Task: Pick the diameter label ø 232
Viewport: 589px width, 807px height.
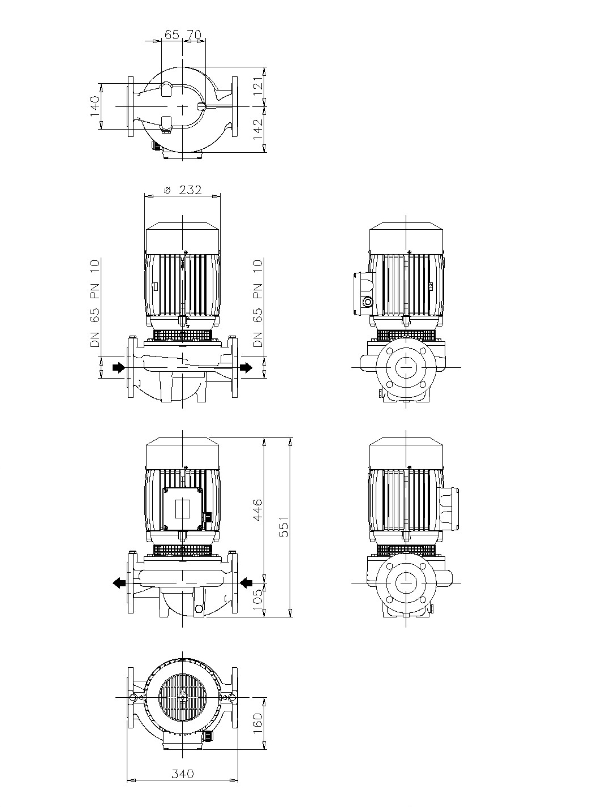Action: tap(182, 190)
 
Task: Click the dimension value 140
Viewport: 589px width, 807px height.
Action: tap(94, 106)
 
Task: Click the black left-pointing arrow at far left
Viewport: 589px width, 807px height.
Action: tap(118, 583)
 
